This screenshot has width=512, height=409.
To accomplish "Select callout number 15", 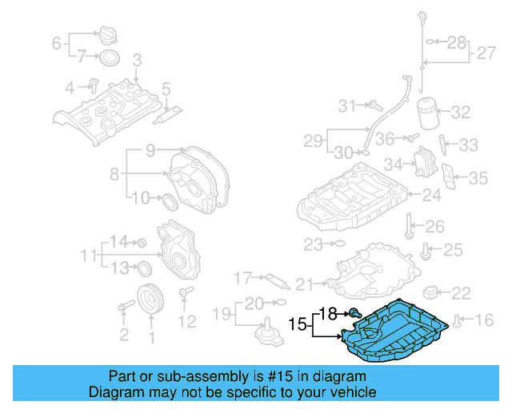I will click(297, 325).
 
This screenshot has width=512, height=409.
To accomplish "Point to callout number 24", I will click(432, 194).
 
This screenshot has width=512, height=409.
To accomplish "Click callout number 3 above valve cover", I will click(137, 60).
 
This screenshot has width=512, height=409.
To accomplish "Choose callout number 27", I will click(486, 53).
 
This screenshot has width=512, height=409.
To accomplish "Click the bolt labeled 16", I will click(457, 321).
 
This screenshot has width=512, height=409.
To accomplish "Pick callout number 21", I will click(305, 284).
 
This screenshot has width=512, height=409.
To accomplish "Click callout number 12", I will click(186, 322).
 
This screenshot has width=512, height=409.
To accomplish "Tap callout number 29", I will click(313, 141).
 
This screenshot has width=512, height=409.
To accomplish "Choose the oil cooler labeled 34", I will click(421, 165).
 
